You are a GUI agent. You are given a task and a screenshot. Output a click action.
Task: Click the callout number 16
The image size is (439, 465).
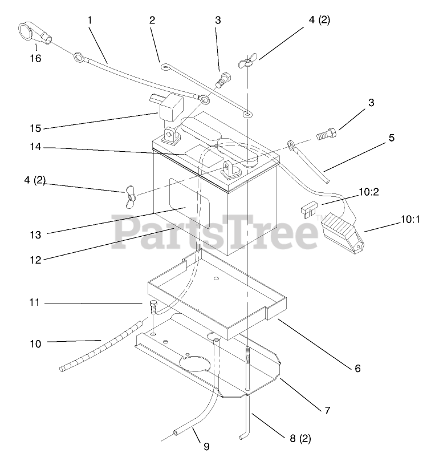(x=35, y=58)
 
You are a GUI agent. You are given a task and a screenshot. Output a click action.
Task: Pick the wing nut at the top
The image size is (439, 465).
(x=248, y=62)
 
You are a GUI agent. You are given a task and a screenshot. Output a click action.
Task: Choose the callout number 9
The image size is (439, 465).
(x=206, y=446)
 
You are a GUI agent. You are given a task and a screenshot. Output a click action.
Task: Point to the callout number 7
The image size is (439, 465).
(x=327, y=410)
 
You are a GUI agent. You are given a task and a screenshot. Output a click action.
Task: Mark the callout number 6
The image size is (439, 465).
(x=357, y=368)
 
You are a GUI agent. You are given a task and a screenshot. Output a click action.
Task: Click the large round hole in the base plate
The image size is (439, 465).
(x=194, y=363)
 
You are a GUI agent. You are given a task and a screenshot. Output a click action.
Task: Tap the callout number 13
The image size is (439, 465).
(x=35, y=234)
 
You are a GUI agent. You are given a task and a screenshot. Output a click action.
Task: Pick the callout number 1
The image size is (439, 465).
(x=90, y=20)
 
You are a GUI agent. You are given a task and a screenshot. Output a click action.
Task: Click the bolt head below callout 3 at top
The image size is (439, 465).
(x=222, y=79)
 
